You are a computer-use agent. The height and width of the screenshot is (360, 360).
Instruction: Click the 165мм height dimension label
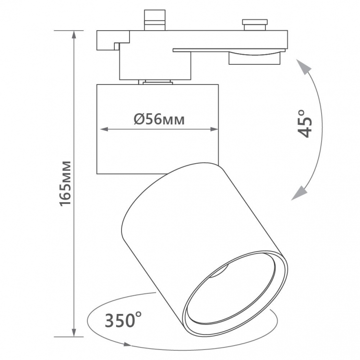65,183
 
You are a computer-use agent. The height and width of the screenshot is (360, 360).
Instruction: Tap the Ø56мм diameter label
159,120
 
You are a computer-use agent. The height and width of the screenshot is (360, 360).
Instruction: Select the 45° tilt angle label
305,124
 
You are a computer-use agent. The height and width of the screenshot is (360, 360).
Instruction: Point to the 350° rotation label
123,320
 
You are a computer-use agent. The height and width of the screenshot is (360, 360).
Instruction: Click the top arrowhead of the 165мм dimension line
74,35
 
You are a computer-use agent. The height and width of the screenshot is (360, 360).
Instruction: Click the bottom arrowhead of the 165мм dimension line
74,333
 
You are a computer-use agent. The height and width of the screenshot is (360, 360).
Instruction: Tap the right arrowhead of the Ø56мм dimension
214,130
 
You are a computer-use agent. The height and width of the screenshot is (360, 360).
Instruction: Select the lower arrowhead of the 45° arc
299,193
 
